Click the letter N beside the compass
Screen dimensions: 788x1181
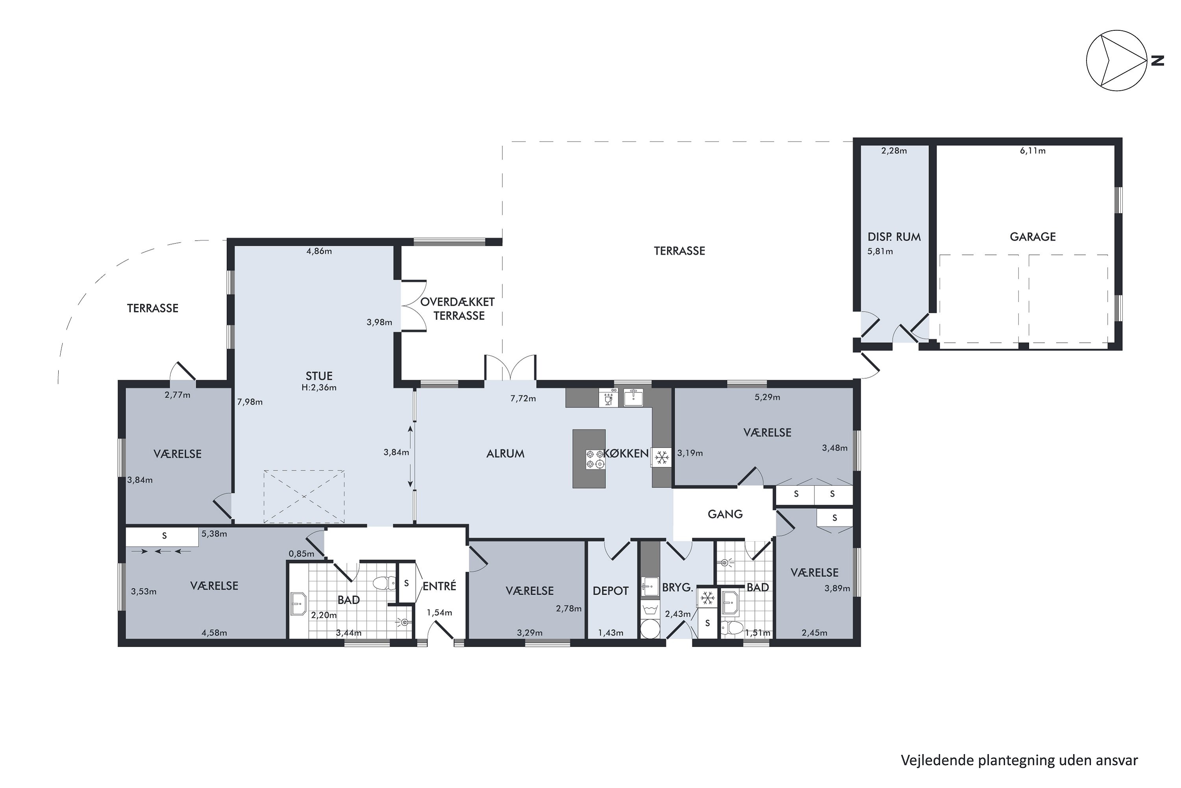tap(1157, 61)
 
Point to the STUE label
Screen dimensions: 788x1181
tap(319, 376)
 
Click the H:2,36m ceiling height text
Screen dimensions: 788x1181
tap(319, 387)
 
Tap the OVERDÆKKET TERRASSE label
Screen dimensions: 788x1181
tap(457, 309)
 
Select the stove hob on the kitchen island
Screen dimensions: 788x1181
tap(595, 459)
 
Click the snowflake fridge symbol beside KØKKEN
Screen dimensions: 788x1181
tap(662, 457)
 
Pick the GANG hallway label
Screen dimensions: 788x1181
tap(725, 514)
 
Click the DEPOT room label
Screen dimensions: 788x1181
tap(611, 591)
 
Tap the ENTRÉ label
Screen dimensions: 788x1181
tap(439, 586)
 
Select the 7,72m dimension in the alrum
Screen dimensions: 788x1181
tap(523, 398)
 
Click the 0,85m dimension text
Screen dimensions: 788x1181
tap(301, 554)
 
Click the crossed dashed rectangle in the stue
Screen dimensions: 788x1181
tap(304, 496)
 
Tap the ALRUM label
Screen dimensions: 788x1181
tap(505, 454)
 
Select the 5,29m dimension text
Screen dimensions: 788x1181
tap(767, 397)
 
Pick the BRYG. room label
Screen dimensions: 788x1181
tap(678, 587)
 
